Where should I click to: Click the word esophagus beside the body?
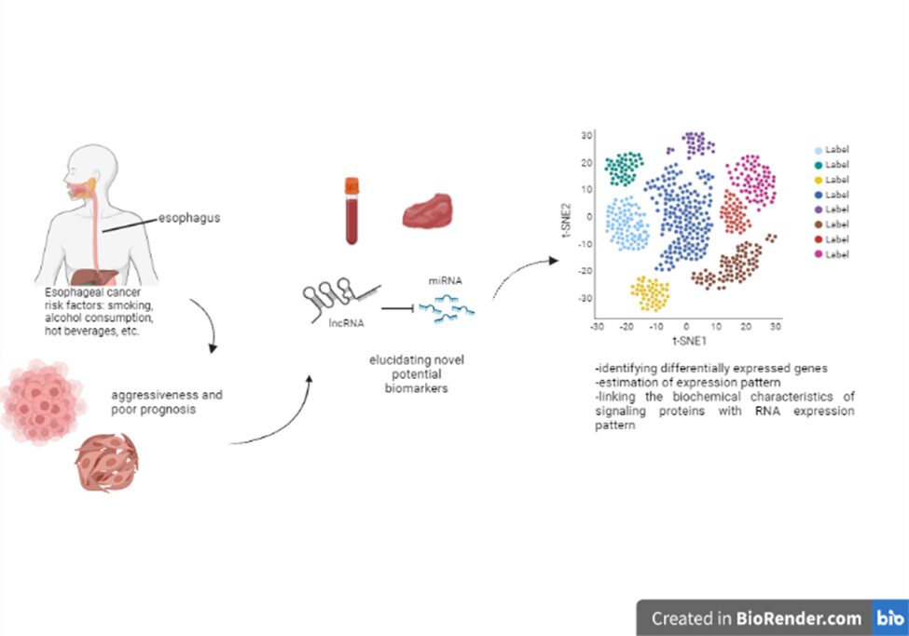(x=189, y=220)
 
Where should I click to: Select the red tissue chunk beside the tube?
(x=427, y=211)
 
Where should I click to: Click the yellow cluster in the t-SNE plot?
(x=650, y=294)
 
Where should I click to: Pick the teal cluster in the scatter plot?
(x=624, y=169)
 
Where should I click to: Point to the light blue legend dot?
(x=819, y=150)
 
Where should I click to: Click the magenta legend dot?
(x=819, y=254)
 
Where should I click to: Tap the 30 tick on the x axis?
(x=773, y=328)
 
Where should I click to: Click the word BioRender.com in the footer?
(x=799, y=618)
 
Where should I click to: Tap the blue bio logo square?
(x=888, y=617)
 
